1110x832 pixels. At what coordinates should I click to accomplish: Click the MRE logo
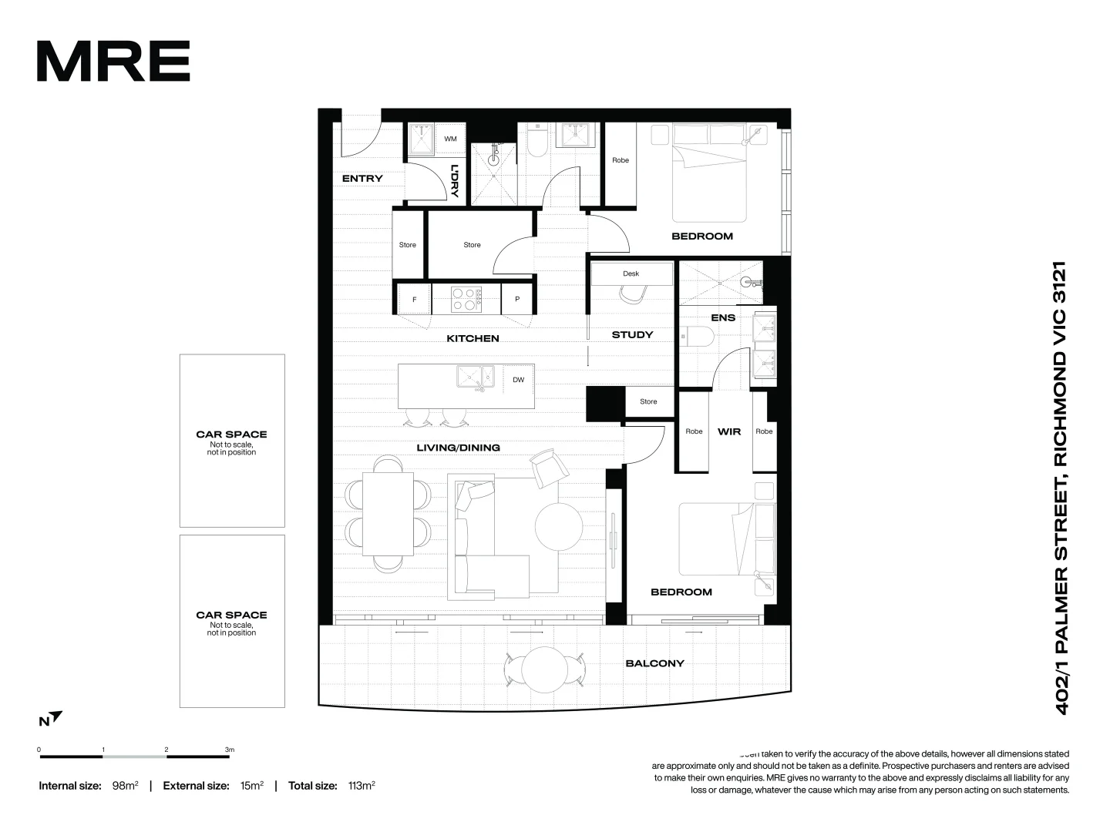coord(113,62)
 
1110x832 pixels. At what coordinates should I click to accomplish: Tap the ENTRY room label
coord(362,179)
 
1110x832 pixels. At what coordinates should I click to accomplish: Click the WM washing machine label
coord(450,139)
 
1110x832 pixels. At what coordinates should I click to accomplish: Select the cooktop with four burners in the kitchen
coord(466,299)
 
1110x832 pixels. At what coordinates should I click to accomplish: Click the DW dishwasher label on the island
coord(518,379)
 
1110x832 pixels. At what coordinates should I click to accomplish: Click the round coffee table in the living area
coord(559,525)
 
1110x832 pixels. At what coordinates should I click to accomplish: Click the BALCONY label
coord(654,663)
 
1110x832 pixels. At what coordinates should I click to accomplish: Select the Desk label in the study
coord(631,273)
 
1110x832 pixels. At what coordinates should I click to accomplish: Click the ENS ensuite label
coord(722,317)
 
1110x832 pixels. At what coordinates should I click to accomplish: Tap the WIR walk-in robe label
coord(728,431)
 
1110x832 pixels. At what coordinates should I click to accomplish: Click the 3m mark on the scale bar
coord(229,750)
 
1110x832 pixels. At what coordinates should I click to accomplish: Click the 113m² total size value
coord(361,786)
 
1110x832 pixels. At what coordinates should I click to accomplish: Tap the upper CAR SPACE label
coord(231,434)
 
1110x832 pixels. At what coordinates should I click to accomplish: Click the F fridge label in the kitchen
coord(415,300)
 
